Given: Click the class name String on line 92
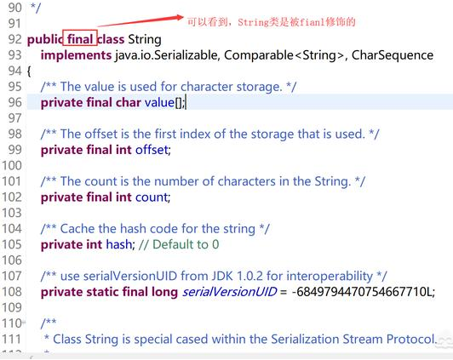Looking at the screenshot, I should pyautogui.click(x=144, y=39).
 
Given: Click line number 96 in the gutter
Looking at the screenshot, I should pyautogui.click(x=13, y=102).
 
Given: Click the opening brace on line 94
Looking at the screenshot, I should pyautogui.click(x=29, y=71).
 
